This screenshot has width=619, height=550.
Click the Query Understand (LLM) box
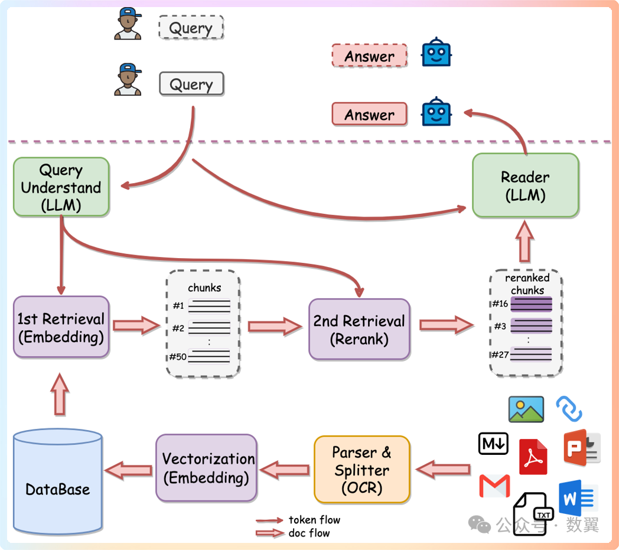coord(61,187)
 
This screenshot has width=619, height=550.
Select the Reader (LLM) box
coord(525,185)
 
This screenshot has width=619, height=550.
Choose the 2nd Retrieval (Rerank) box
coord(359,329)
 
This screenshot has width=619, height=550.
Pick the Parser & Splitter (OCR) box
coord(361,470)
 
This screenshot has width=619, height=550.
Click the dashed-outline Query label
coord(191,28)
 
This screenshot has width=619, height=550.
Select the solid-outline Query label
coord(191,84)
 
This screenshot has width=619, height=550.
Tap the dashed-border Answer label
coord(369,56)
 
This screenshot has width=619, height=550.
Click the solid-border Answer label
coord(369,114)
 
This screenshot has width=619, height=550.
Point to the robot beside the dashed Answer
coord(436,53)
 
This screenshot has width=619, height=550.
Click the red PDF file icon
coord(533,457)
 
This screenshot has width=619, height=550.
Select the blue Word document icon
coord(578,497)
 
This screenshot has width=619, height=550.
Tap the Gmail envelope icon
coord(494,486)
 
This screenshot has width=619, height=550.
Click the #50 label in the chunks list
coord(178,356)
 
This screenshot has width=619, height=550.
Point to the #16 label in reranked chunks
coord(500,304)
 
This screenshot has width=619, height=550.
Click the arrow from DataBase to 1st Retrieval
coord(60,394)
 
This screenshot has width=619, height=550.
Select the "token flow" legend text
coord(314,520)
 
